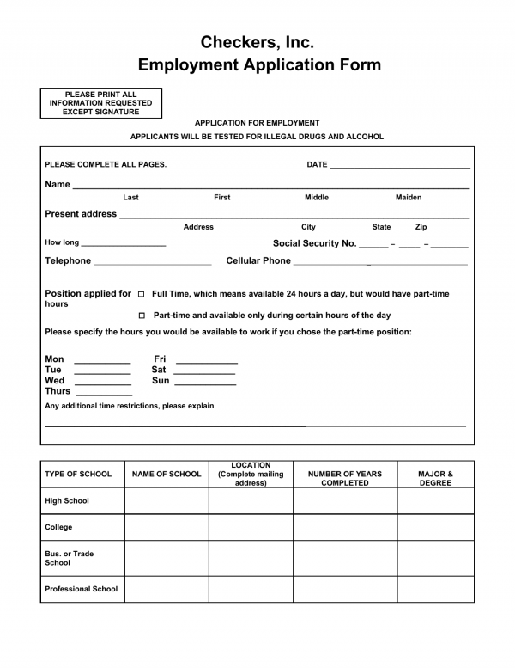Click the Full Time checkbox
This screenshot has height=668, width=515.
[x=142, y=294]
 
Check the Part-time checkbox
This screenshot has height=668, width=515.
[x=142, y=316]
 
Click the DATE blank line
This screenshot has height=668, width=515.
[x=399, y=166]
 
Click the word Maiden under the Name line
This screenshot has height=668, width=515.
[x=409, y=198]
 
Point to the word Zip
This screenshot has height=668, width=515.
[x=421, y=227]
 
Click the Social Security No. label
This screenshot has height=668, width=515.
[x=314, y=243]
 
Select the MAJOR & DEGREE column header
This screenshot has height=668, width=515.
[x=435, y=478]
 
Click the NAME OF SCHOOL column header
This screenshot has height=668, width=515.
[x=167, y=474]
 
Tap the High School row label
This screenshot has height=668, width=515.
[x=67, y=501]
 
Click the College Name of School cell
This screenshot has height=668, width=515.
[x=167, y=527]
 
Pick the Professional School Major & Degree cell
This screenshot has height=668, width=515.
[x=435, y=589]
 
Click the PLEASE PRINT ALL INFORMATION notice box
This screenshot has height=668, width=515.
[x=100, y=103]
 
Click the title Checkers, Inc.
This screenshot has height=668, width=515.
[x=257, y=41]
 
